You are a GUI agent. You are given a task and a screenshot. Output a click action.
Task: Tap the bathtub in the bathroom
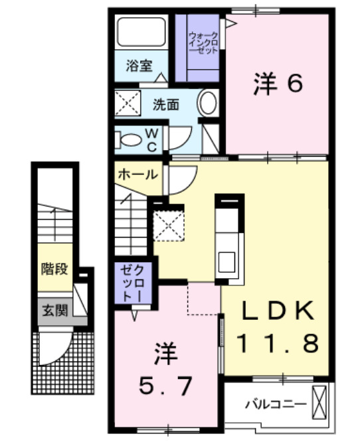(x=141, y=33)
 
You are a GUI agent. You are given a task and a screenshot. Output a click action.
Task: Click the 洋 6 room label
(x=278, y=84)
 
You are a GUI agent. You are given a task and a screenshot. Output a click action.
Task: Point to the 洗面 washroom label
(x=166, y=104)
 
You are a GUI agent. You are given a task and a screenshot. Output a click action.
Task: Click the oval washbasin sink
(x=207, y=104)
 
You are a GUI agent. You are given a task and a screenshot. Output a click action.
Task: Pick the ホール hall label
(x=137, y=175)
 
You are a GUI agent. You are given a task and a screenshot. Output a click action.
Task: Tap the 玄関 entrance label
(x=53, y=311)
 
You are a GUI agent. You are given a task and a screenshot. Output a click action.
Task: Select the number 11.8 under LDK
(x=278, y=343)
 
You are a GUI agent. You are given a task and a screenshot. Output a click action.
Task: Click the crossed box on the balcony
(x=320, y=402)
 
